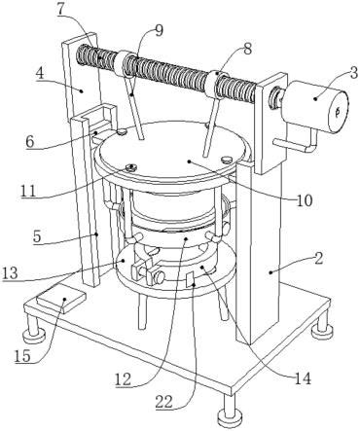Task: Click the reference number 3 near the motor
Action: tap(353, 71)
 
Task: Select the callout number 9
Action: tap(159, 30)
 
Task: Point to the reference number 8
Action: tap(247, 50)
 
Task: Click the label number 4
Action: tap(41, 74)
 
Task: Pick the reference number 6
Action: tap(31, 142)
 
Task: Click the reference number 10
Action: tap(304, 200)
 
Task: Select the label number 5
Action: tap(37, 236)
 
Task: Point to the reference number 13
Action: tap(10, 273)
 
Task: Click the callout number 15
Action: tap(22, 356)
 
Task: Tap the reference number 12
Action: tap(123, 378)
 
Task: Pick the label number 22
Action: tap(164, 403)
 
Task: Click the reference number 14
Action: tap(302, 378)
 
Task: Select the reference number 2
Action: tap(319, 259)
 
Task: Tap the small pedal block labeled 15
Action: tap(62, 300)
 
